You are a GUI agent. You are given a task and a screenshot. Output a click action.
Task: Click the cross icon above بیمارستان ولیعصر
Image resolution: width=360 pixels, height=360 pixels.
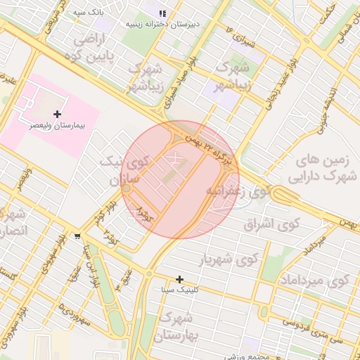[57, 114]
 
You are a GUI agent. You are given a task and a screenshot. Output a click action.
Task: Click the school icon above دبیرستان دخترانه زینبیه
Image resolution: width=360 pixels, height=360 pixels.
[162, 13]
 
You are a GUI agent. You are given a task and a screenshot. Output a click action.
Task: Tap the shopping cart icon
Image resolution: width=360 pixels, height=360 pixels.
[76, 236]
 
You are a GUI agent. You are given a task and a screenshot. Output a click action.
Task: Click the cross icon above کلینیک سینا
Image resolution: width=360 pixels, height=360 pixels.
[180, 279]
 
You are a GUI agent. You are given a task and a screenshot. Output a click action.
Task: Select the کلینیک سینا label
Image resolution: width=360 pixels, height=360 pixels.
[180, 290]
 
